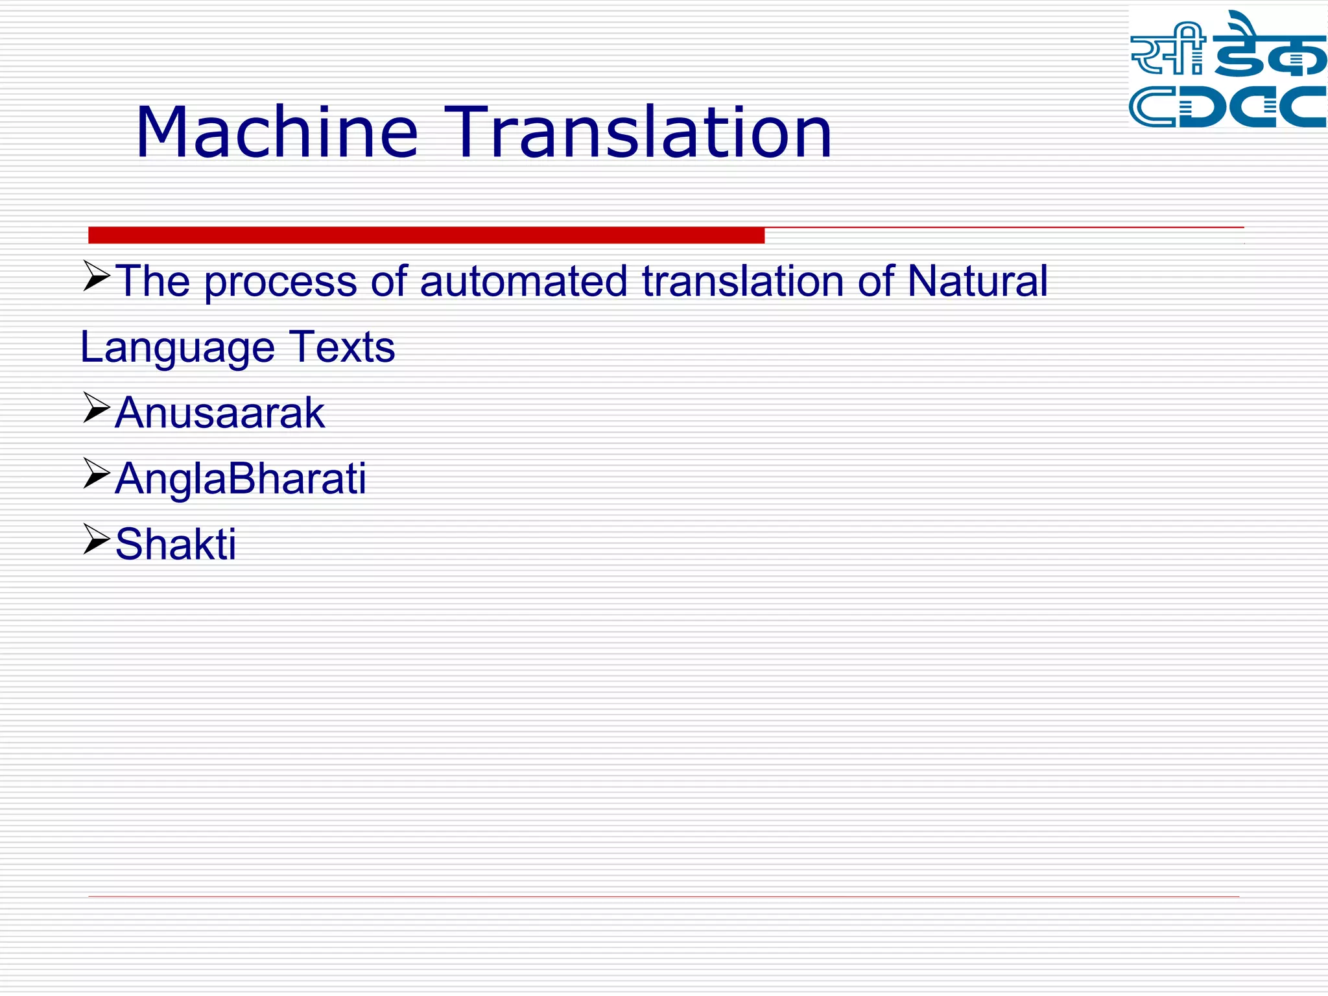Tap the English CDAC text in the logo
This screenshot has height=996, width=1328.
1227,107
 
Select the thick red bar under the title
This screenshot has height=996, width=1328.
426,235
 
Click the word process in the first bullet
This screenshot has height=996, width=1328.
280,283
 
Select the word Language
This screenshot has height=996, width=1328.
177,349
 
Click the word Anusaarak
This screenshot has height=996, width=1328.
220,413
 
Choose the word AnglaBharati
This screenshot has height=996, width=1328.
241,479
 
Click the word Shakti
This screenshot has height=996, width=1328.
176,545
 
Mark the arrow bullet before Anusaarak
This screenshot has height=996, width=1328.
96,408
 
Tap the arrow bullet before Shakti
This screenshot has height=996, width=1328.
96,539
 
